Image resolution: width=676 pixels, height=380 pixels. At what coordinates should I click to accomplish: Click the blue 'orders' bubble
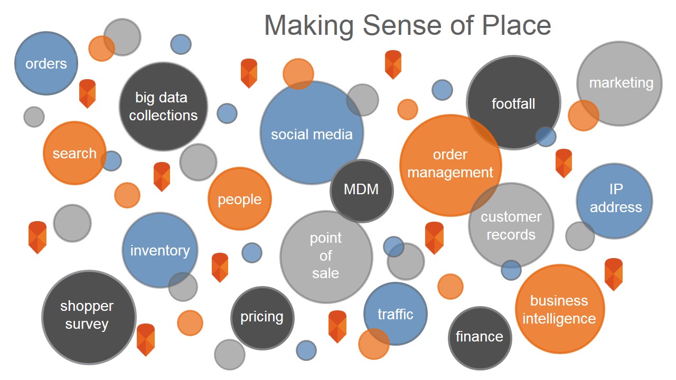(46, 63)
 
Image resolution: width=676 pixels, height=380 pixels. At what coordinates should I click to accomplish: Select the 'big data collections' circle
(163, 106)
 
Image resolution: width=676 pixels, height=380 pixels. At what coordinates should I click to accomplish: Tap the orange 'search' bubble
(74, 153)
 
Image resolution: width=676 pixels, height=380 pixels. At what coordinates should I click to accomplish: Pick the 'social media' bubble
(312, 134)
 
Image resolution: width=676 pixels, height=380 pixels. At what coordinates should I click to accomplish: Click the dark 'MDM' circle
(361, 190)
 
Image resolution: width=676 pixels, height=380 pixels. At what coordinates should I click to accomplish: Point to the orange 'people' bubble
(239, 199)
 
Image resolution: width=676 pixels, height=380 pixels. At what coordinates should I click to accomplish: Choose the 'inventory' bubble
(159, 250)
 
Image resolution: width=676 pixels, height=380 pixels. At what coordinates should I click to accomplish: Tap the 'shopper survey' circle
(87, 316)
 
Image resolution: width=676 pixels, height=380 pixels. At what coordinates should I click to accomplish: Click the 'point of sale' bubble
(326, 256)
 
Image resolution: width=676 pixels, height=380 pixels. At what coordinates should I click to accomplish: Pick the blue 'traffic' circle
(395, 315)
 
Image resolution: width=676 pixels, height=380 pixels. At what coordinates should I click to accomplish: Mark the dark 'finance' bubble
(480, 337)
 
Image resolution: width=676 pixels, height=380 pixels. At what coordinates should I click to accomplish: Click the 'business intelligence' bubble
(559, 309)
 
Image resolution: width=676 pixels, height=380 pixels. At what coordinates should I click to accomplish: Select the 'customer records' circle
(511, 225)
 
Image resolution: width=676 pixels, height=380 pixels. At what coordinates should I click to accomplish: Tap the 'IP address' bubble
(615, 199)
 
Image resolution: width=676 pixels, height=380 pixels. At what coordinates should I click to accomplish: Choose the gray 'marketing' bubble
(621, 83)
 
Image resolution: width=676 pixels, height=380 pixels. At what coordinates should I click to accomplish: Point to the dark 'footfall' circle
(513, 103)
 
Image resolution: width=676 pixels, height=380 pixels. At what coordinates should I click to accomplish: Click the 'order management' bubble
(450, 164)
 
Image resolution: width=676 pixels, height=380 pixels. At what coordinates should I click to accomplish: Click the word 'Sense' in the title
(400, 25)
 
